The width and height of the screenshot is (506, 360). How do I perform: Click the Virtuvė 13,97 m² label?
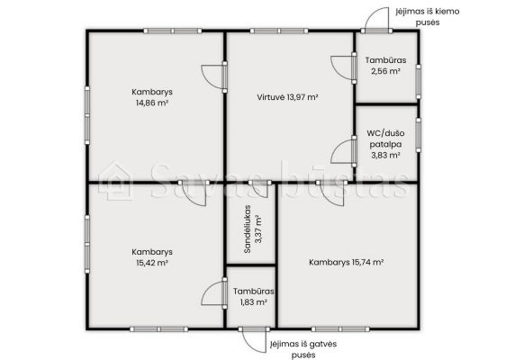click(287, 97)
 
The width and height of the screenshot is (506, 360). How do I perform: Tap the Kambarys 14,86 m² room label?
click(152, 97)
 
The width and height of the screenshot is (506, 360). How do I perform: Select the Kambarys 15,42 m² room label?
click(152, 257)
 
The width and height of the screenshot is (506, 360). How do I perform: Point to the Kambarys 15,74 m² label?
click(347, 262)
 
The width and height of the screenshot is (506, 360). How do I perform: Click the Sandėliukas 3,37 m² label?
click(253, 229)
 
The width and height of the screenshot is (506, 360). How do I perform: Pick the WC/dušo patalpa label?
click(385, 144)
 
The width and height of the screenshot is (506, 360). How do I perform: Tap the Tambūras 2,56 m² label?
click(385, 66)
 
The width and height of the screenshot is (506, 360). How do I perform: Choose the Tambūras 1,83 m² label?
click(254, 297)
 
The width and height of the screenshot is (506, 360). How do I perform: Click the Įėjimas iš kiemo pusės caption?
click(428, 17)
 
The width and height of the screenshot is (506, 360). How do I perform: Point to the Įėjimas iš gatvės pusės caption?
click(303, 349)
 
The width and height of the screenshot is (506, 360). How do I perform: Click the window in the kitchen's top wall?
click(279, 31)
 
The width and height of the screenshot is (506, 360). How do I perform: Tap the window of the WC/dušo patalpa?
click(419, 135)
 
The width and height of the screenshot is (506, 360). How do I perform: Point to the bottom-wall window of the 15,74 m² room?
click(340, 329)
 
